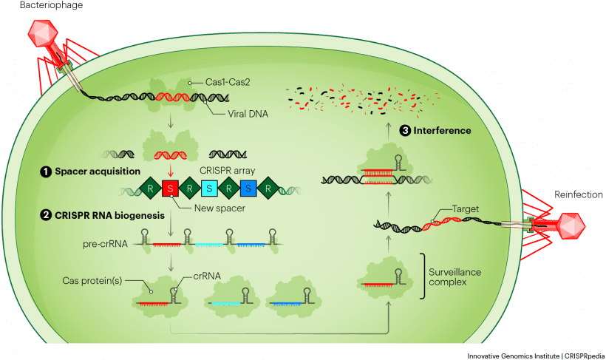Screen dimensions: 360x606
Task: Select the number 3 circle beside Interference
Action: [x=405, y=131]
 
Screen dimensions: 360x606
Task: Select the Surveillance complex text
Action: [x=454, y=278]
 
